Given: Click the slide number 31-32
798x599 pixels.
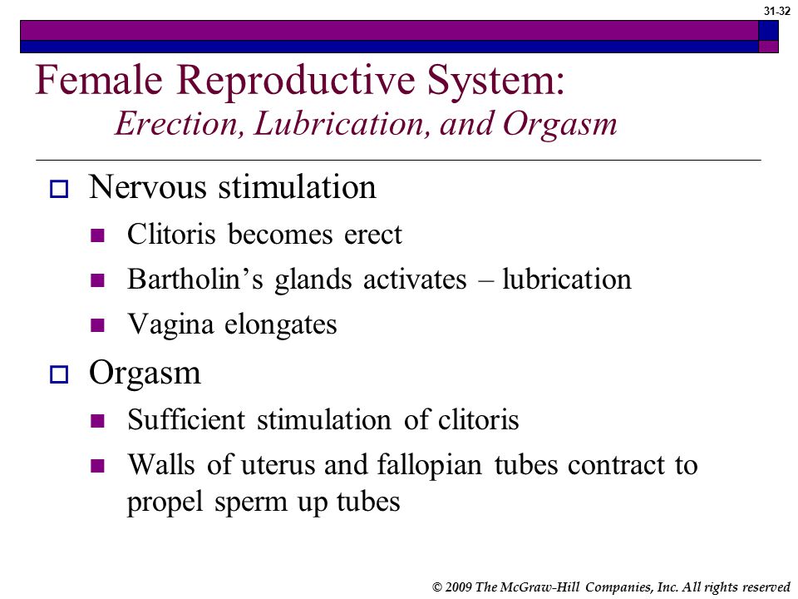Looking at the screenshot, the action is coord(776,11).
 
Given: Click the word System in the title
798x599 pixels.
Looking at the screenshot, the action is coord(495,81).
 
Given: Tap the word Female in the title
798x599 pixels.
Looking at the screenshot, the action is coord(99,80).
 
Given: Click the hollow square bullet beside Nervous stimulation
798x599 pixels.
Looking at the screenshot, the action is coord(59,189).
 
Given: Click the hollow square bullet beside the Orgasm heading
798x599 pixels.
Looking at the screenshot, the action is coord(59,374).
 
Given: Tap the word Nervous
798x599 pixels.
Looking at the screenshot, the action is coord(148,187).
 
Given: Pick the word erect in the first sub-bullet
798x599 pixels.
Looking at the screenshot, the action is coord(373,235).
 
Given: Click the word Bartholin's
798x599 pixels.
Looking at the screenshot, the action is coord(195,280).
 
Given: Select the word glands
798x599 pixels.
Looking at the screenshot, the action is coord(313,280).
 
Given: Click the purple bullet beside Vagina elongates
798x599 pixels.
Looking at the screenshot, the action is coord(97,325).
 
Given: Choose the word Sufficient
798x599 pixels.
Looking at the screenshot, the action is coord(186,419).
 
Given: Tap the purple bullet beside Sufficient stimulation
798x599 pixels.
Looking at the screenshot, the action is coord(97,421).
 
